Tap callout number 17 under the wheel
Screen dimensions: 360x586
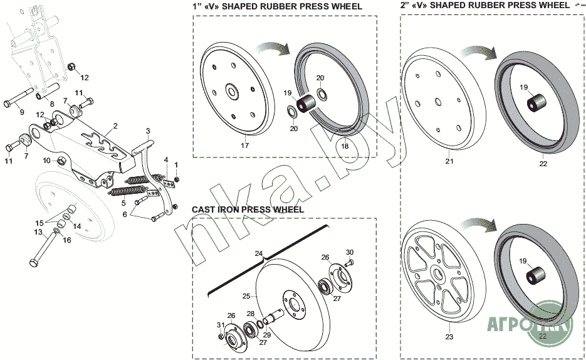244,145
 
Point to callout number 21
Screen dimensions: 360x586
449,162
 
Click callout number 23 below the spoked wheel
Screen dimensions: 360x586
448,336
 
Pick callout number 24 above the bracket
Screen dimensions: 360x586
258,253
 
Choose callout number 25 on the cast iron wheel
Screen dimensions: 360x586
246,295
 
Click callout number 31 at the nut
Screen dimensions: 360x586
220,324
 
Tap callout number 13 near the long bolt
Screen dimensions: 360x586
38,231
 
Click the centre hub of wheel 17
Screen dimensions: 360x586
231,92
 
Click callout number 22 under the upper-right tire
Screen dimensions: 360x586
543,164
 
